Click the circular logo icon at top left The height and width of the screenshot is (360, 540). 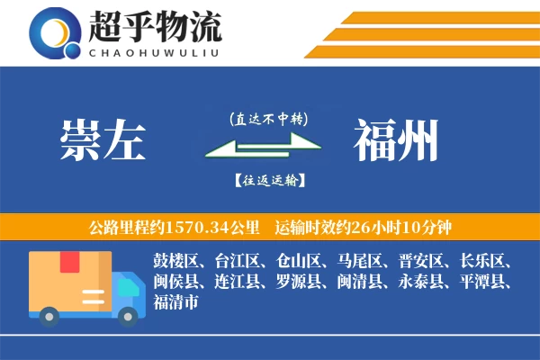pyautogui.click(x=53, y=33)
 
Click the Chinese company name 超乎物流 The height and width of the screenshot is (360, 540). pyautogui.click(x=155, y=28)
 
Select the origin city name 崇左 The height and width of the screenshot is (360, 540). pyautogui.click(x=103, y=141)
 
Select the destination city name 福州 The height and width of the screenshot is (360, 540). pyautogui.click(x=396, y=141)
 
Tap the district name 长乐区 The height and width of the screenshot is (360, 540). pyautogui.click(x=484, y=262)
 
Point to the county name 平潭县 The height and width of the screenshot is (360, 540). pyautogui.click(x=484, y=283)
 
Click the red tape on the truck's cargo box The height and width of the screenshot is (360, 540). pyautogui.click(x=69, y=263)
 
